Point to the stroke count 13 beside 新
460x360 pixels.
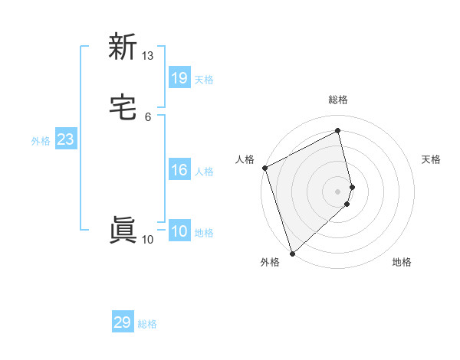(148, 56)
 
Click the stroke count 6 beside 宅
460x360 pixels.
(148, 116)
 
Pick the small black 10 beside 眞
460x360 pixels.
(148, 240)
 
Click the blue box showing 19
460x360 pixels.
(179, 77)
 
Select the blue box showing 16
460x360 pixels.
(179, 171)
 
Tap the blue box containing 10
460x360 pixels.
(179, 232)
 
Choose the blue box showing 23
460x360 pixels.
(65, 140)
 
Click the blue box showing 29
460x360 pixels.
(123, 322)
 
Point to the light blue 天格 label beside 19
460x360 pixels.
(204, 79)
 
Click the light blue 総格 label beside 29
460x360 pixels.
(147, 324)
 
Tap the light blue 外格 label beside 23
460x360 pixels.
(41, 141)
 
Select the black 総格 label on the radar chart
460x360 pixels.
(338, 100)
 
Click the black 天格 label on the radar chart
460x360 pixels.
(432, 159)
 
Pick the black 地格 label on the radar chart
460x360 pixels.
(402, 262)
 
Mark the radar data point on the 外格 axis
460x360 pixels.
(292, 253)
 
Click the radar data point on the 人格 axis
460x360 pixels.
(264, 168)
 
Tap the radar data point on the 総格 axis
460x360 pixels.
(338, 131)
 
